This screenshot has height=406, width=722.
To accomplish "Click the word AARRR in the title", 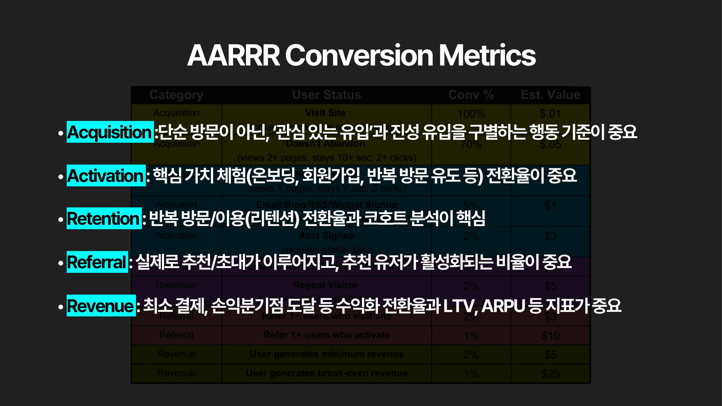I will click(233, 55).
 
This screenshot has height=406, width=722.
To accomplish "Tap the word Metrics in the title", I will click(487, 55).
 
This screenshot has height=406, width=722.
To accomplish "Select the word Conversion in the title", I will click(359, 55).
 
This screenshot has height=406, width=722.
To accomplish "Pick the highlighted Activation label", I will click(106, 176).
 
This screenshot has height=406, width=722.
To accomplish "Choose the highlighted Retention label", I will click(104, 218).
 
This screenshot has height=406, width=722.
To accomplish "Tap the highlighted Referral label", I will click(97, 262).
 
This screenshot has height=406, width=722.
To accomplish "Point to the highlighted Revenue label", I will click(101, 306).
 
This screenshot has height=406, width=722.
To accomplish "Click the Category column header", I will click(176, 95).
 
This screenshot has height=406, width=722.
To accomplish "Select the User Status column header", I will click(326, 95).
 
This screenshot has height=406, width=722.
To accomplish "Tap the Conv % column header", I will click(471, 95).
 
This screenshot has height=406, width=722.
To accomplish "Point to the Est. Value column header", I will click(550, 95).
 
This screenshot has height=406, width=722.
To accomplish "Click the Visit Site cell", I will click(325, 113).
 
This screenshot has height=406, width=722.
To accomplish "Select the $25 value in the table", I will click(550, 374).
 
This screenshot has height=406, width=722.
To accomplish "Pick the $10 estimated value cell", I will click(550, 336).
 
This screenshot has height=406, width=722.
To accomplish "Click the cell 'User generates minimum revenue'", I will click(326, 354).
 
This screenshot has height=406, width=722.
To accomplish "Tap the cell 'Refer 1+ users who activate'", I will click(326, 335).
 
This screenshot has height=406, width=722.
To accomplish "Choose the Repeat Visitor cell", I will click(325, 285).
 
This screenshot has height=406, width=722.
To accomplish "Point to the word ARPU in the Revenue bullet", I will click(503, 306).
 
